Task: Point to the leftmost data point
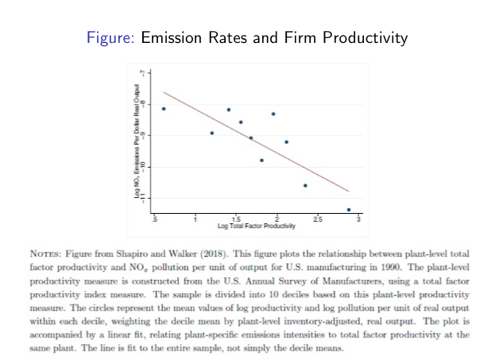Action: (164, 108)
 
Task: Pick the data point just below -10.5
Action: (305, 185)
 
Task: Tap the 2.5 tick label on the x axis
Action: (318, 219)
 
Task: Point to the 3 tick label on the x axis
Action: (359, 219)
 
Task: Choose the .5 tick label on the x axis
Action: (155, 219)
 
